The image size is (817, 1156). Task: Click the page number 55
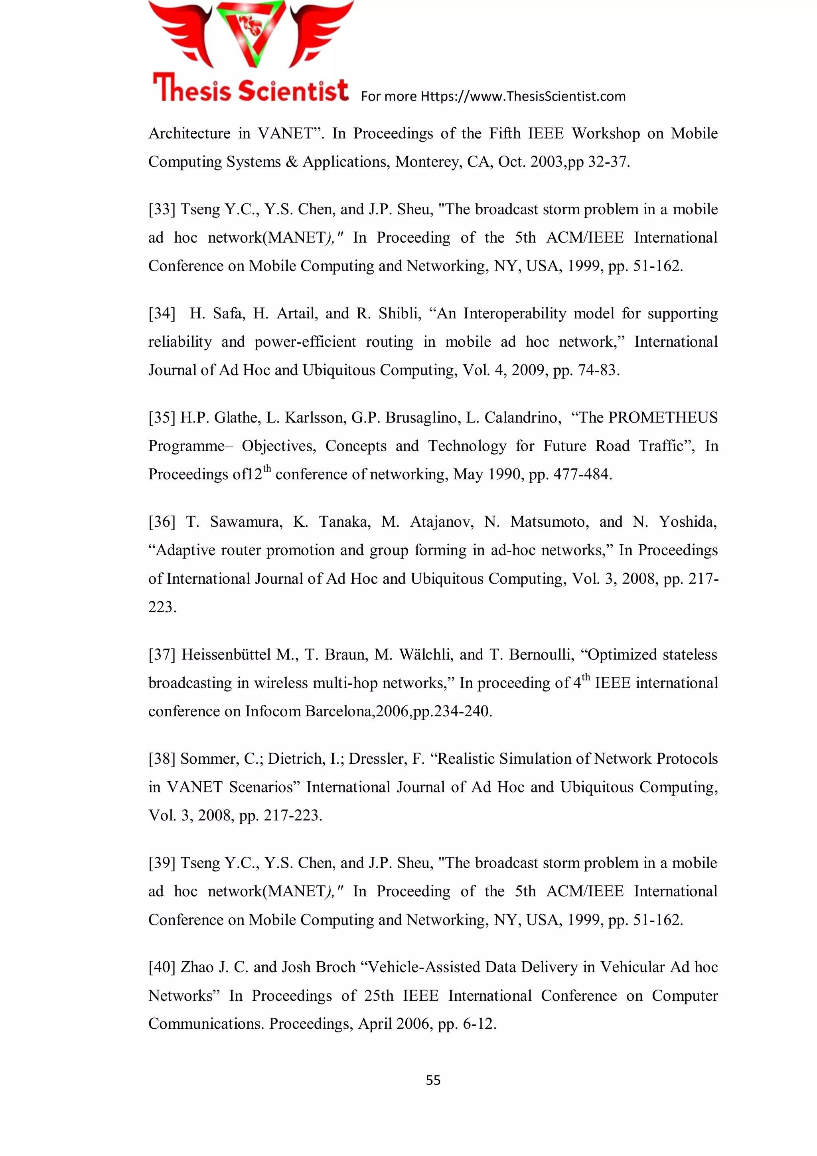(433, 1080)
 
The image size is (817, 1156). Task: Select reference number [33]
(162, 209)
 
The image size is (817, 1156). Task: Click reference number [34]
(162, 314)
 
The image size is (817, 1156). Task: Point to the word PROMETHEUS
(663, 417)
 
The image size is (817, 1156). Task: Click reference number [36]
(162, 522)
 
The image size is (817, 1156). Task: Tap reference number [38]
(162, 759)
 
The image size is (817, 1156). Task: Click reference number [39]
(162, 863)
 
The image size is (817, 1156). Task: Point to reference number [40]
(162, 967)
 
